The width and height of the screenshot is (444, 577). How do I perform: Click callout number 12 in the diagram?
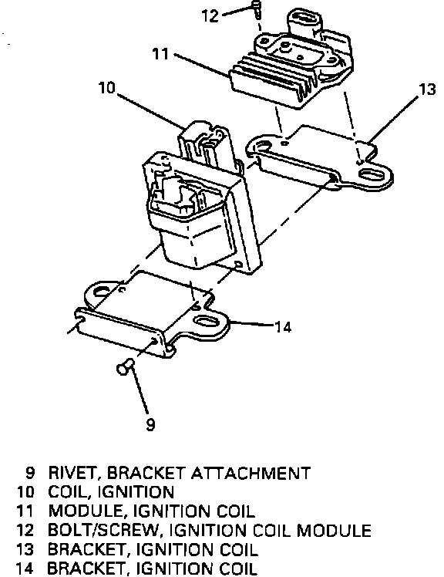click(210, 15)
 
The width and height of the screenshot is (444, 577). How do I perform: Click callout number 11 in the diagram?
click(160, 54)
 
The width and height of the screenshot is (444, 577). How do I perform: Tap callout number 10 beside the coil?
click(107, 88)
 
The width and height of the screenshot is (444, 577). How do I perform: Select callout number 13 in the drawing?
click(427, 89)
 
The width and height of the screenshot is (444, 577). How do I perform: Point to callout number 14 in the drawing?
click(283, 327)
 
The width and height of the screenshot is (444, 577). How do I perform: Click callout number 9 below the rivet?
click(151, 425)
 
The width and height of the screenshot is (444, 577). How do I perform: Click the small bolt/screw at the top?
click(257, 9)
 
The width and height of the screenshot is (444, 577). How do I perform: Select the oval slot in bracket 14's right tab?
click(207, 321)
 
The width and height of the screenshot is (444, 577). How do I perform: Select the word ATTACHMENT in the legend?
click(251, 473)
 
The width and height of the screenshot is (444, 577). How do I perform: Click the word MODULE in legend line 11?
click(86, 511)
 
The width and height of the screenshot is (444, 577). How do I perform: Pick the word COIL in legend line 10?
click(69, 492)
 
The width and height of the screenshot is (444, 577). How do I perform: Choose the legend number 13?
click(25, 549)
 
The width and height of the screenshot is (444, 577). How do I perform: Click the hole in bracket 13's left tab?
click(261, 146)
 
